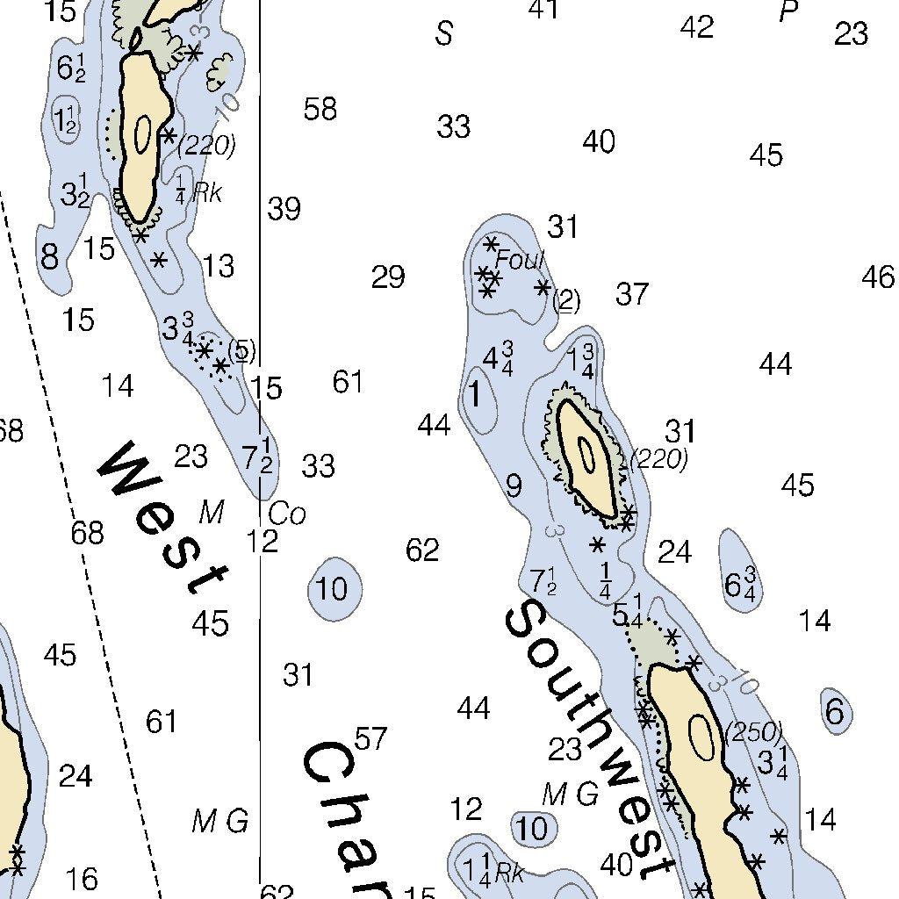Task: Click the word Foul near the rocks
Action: coord(520,260)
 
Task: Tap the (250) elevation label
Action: coord(753,731)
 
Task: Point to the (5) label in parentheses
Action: coord(241,351)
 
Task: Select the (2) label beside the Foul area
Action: coord(567,301)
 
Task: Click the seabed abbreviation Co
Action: coord(287,514)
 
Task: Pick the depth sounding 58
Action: coord(320,110)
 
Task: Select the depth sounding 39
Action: coord(284,209)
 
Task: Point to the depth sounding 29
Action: coord(388,277)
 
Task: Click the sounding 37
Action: coord(632,294)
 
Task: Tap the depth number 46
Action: coord(878,278)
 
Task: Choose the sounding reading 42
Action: coord(697,27)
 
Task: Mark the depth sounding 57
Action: coord(370,739)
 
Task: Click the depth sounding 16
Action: coord(82,878)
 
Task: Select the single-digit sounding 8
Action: coord(50,258)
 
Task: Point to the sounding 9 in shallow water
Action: coord(514,485)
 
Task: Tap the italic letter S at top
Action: coord(445,34)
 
